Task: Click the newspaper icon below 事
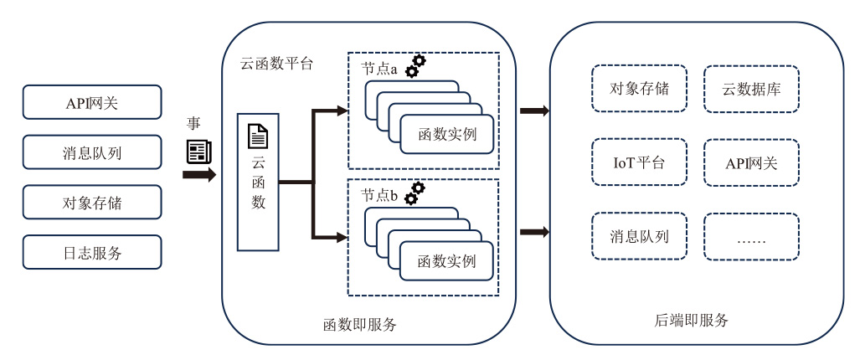point(198,151)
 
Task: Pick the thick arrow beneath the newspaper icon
point(199,175)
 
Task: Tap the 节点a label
point(379,69)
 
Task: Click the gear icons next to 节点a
point(415,66)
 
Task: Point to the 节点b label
point(379,194)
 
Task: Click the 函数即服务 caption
point(359,324)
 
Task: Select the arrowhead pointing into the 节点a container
point(342,110)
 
